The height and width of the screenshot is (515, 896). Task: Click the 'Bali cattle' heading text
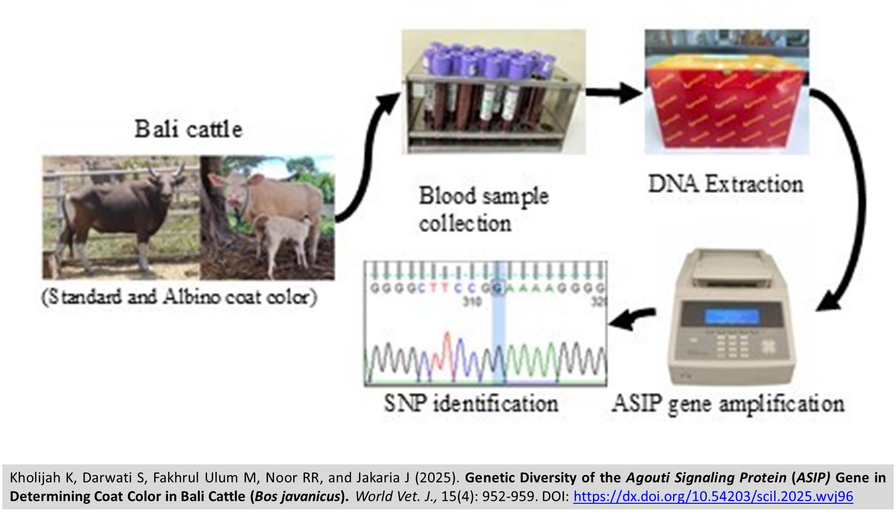[188, 130]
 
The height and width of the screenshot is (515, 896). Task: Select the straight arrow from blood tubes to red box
[614, 92]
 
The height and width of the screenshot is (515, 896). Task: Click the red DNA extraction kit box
[726, 103]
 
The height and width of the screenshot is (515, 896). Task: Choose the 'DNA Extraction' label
[726, 184]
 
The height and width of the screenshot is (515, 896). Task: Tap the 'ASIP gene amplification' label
[728, 403]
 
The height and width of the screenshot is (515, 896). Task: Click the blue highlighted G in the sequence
[498, 288]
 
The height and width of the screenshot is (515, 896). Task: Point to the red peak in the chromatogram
[447, 346]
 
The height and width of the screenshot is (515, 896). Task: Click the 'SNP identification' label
[471, 403]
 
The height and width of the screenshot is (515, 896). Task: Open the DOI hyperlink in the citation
[713, 496]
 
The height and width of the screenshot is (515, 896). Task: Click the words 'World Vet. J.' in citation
[395, 496]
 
